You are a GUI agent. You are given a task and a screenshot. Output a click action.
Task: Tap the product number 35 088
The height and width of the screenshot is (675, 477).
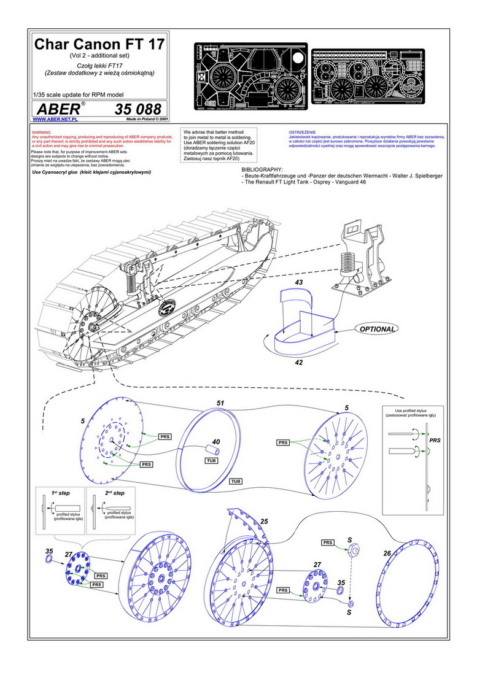point(138,110)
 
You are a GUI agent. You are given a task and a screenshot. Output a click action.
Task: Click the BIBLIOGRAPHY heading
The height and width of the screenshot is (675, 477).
point(263,169)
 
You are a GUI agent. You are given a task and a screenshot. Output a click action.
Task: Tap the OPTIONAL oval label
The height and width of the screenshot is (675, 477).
point(377,329)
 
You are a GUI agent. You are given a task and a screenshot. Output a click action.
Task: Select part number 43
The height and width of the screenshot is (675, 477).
point(299,282)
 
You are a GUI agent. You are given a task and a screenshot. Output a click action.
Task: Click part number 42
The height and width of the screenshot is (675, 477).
point(299,363)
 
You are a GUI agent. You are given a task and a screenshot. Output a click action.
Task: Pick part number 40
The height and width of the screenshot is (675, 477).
point(216,442)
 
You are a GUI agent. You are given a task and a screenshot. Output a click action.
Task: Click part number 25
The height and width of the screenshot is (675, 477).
point(265,521)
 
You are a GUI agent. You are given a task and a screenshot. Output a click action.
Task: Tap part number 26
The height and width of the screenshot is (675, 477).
point(387,553)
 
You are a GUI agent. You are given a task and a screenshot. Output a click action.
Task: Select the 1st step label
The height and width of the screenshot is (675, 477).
point(62,493)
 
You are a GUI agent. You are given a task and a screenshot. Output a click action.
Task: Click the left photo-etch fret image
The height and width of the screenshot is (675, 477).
point(250,77)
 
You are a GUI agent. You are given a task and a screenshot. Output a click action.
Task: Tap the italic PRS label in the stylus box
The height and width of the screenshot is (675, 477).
point(434,441)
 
